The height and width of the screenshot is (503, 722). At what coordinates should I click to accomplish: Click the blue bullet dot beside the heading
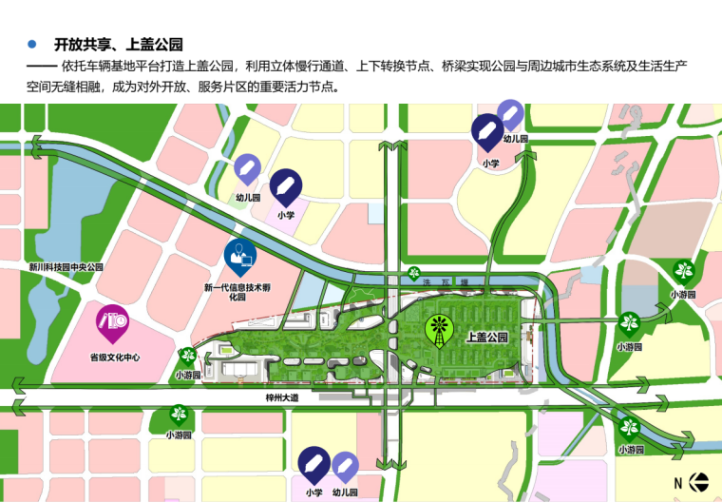click(x=33, y=44)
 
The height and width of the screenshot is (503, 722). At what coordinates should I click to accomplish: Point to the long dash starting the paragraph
click(x=42, y=67)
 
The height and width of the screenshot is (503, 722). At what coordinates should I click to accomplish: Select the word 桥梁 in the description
click(x=463, y=67)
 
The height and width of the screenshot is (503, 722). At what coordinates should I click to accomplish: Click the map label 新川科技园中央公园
click(x=66, y=268)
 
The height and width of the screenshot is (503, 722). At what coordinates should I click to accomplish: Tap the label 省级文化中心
click(x=115, y=358)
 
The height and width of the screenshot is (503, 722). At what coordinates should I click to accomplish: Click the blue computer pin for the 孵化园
click(x=239, y=255)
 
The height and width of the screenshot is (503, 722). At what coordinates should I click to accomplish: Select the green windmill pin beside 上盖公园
click(x=439, y=329)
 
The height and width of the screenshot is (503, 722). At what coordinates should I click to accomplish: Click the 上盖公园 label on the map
click(x=488, y=338)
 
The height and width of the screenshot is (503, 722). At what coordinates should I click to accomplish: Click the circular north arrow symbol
click(x=698, y=482)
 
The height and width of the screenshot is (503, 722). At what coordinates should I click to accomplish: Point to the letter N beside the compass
click(x=678, y=483)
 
